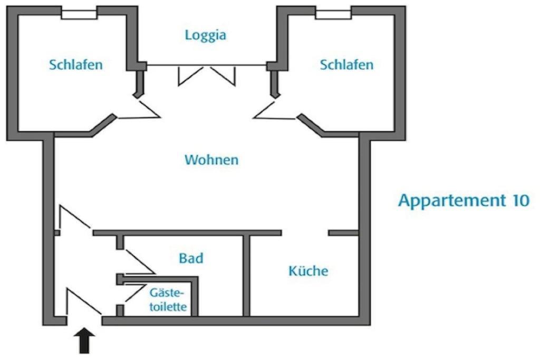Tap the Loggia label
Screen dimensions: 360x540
(206, 35)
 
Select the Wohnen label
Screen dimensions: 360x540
(211, 160)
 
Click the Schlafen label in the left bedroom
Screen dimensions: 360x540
(76, 65)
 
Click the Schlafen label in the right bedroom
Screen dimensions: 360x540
(346, 65)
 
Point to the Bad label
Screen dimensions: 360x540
(191, 259)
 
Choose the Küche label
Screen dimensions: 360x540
(308, 271)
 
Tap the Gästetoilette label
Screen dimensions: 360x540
(168, 300)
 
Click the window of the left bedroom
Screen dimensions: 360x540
(79, 14)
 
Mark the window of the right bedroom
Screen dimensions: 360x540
(333, 14)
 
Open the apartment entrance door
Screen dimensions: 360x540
(83, 303)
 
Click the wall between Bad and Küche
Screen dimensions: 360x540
(246, 275)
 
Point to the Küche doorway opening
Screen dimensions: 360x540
(305, 232)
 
